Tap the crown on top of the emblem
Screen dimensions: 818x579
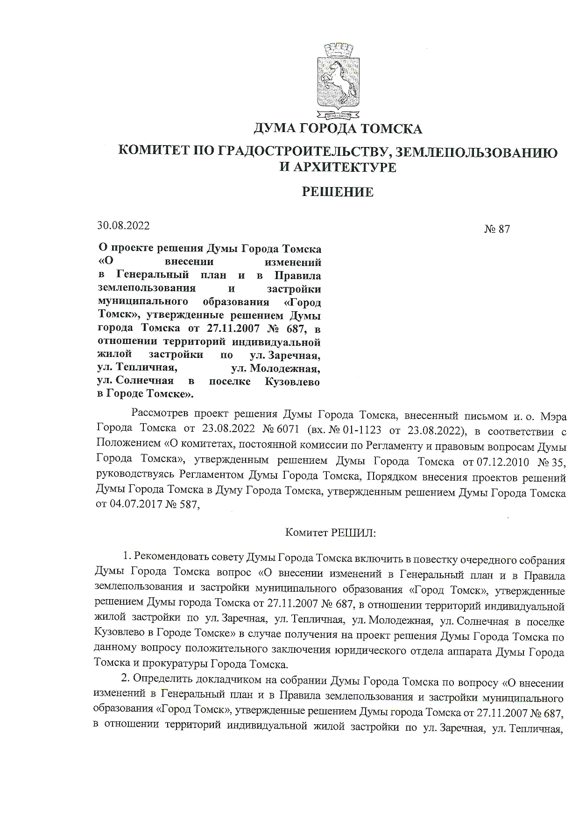click(337, 50)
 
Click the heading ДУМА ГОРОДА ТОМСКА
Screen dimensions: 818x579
click(338, 128)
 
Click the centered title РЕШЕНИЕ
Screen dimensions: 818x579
click(338, 192)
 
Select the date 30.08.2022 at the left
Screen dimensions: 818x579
click(123, 225)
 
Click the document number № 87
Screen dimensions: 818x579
click(497, 229)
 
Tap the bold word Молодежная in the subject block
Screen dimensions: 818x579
click(285, 369)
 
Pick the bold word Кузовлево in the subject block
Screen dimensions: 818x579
click(292, 382)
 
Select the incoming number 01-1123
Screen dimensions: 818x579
click(363, 430)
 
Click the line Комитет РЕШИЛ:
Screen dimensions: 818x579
click(331, 532)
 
